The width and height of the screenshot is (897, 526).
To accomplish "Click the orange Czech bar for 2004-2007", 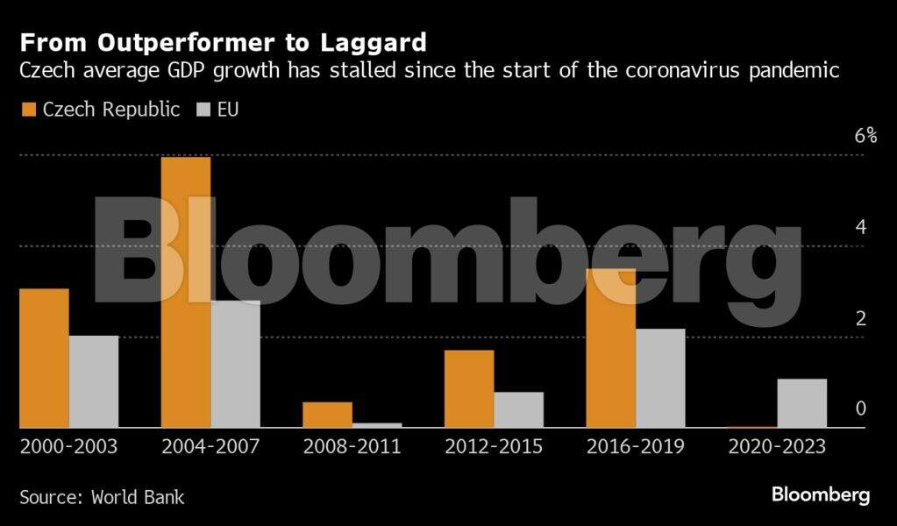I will coord(186,292).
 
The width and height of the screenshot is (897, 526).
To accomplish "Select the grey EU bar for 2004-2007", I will coord(235,364).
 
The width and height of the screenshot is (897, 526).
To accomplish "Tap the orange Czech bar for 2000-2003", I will coord(44,358).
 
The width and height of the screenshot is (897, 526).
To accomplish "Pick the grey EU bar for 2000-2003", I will coord(94,381).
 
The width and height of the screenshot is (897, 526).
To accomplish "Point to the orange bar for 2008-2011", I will coord(327,415).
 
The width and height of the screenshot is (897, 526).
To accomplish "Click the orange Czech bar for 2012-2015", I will coord(469,388).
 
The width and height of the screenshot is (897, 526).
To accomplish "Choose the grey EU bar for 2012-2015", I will coord(518,409).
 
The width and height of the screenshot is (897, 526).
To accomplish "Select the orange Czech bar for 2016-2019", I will coord(611,348).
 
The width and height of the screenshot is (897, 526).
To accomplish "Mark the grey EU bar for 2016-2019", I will coord(660,378).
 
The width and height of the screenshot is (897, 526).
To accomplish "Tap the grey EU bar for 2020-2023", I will coord(801,403).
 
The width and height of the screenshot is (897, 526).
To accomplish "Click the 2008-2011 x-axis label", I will coord(352,446).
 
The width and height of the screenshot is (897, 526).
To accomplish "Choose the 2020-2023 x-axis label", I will coord(777,446).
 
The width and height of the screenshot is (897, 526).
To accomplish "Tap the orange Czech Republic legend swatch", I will coord(27,110).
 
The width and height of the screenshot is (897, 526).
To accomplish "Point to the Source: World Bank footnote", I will coord(102,496).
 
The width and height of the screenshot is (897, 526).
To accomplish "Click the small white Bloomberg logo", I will coord(821,494).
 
